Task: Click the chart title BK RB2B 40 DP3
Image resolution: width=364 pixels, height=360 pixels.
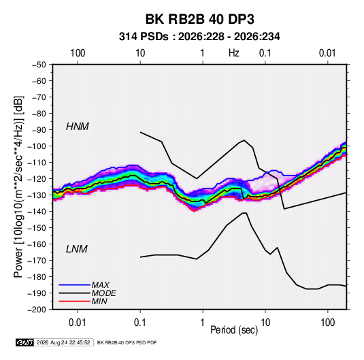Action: (x=199, y=19)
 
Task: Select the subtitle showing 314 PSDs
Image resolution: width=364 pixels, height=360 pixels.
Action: (x=199, y=37)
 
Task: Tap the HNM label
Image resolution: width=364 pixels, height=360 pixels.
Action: (x=78, y=127)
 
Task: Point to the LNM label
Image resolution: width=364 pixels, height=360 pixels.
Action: (x=77, y=249)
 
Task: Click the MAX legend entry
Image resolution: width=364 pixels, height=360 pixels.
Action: (x=100, y=285)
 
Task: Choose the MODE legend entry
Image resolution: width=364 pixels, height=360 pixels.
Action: (x=104, y=293)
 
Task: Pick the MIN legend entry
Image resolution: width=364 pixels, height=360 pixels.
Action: (x=99, y=301)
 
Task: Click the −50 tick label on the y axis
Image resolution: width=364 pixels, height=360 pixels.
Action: (x=39, y=65)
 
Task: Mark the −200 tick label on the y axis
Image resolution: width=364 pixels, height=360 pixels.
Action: (x=37, y=310)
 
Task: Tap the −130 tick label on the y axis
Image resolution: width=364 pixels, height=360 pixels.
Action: (x=37, y=195)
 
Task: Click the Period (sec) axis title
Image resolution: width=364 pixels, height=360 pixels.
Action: (x=234, y=330)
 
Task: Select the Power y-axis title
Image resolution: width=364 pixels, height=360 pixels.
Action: (x=18, y=187)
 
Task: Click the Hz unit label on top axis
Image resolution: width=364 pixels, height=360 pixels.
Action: (x=234, y=53)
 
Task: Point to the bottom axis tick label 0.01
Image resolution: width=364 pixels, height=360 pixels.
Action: (x=78, y=323)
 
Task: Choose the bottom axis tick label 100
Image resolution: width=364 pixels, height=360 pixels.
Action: (x=327, y=323)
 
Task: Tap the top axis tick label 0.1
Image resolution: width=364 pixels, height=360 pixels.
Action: (x=265, y=53)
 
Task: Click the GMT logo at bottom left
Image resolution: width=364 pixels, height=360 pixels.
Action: (x=24, y=342)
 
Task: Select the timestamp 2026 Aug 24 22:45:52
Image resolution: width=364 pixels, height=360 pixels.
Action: (x=63, y=342)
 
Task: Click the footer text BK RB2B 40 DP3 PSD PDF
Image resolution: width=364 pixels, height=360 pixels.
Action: (x=127, y=342)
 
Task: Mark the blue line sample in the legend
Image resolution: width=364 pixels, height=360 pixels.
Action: (x=74, y=285)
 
